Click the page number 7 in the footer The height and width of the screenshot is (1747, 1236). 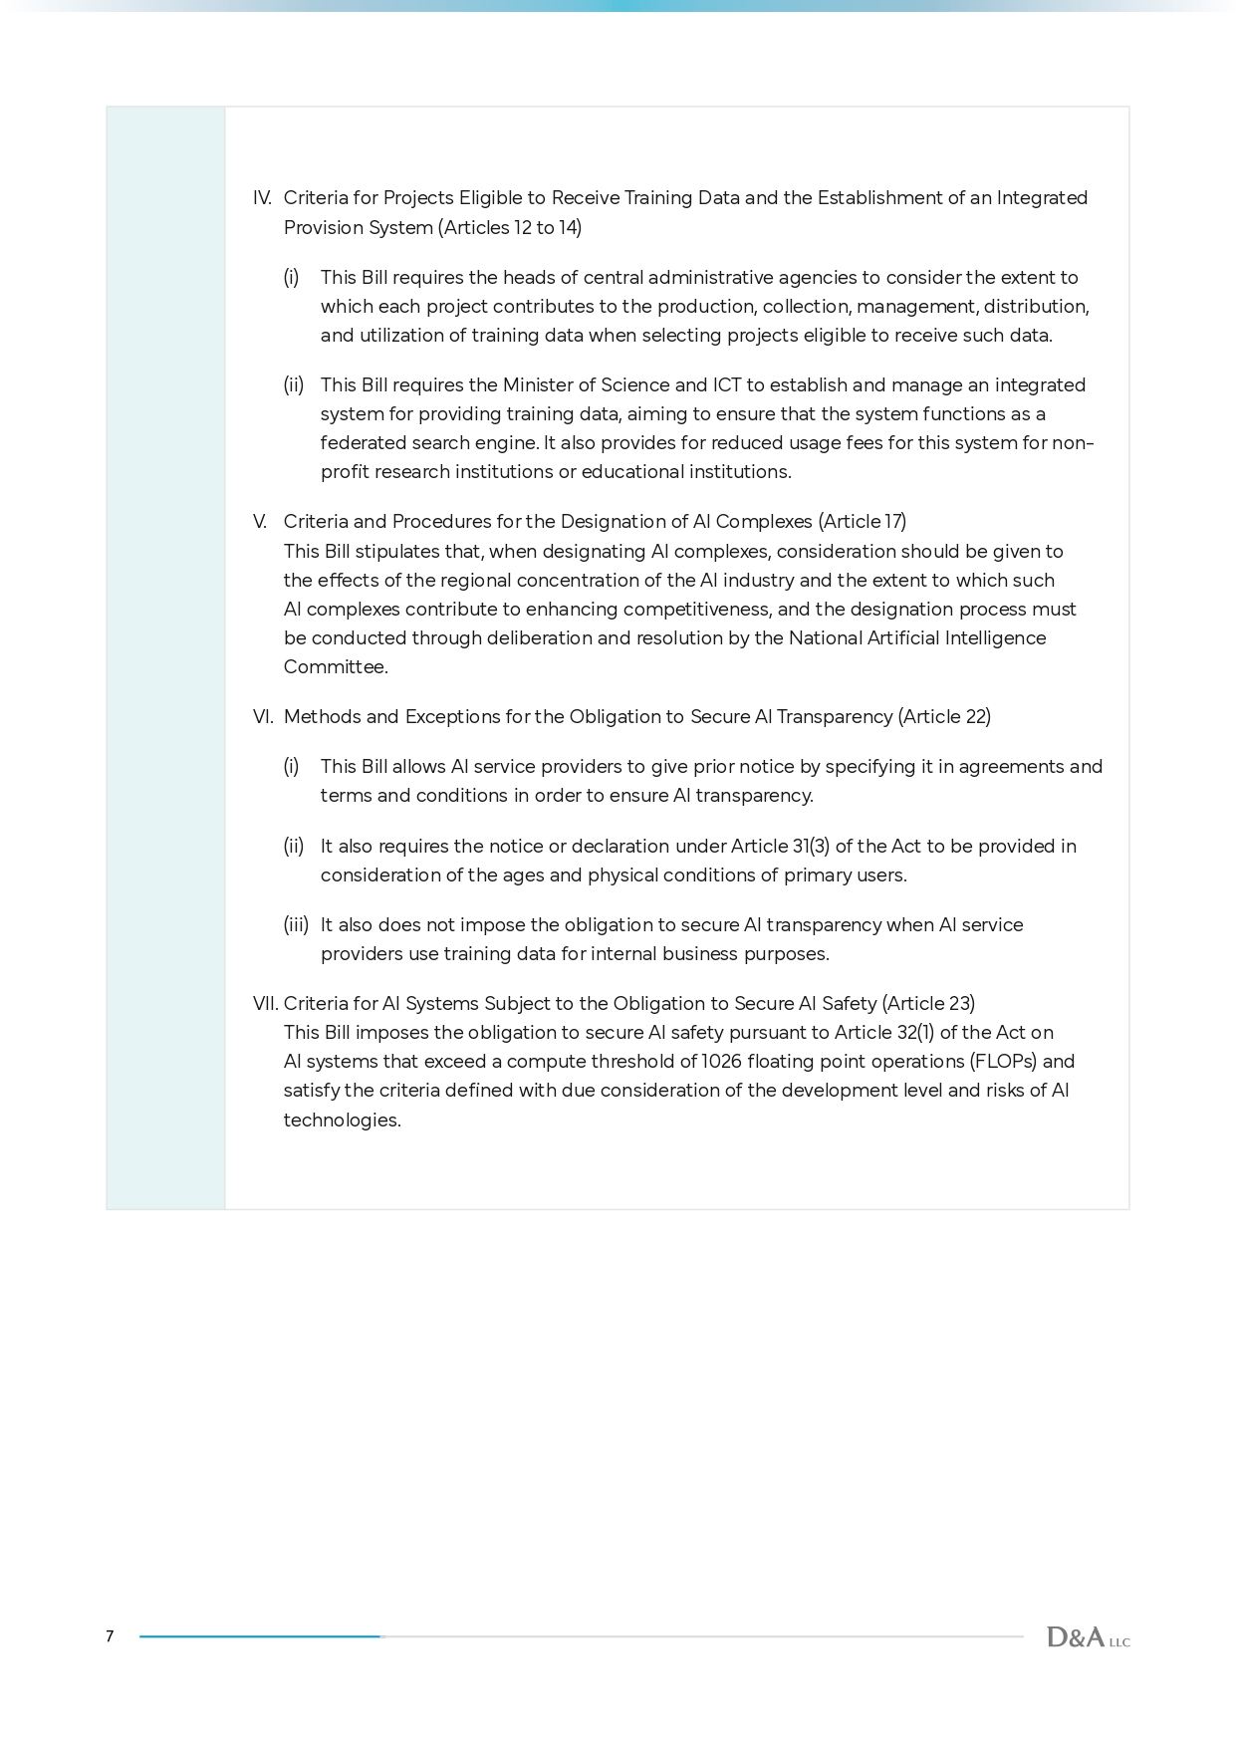pos(110,1636)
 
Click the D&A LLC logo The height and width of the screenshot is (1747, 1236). pos(1088,1636)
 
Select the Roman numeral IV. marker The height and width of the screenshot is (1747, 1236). pos(262,198)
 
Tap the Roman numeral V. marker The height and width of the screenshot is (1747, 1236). pos(260,522)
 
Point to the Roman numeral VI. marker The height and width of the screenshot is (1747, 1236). pos(263,717)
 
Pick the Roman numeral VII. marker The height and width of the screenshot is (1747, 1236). pos(266,1004)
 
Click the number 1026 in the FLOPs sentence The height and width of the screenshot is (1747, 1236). pos(721,1062)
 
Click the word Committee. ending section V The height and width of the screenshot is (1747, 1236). pos(336,667)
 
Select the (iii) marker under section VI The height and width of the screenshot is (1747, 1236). pos(296,925)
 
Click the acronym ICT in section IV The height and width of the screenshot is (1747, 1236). pos(726,385)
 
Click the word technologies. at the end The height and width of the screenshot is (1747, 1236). pos(342,1121)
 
